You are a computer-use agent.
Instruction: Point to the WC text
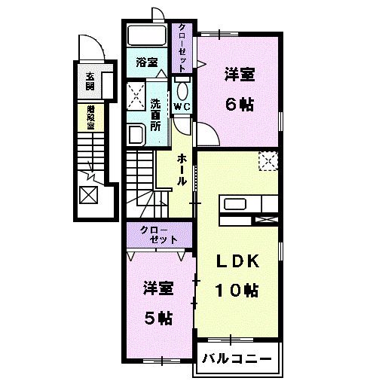click(x=182, y=107)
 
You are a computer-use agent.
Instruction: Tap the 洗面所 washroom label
click(x=155, y=114)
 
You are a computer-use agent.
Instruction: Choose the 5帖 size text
click(x=159, y=317)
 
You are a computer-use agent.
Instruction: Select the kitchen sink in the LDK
click(x=234, y=203)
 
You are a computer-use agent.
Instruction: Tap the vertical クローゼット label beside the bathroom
click(x=182, y=47)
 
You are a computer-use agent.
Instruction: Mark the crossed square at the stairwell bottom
click(x=89, y=195)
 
